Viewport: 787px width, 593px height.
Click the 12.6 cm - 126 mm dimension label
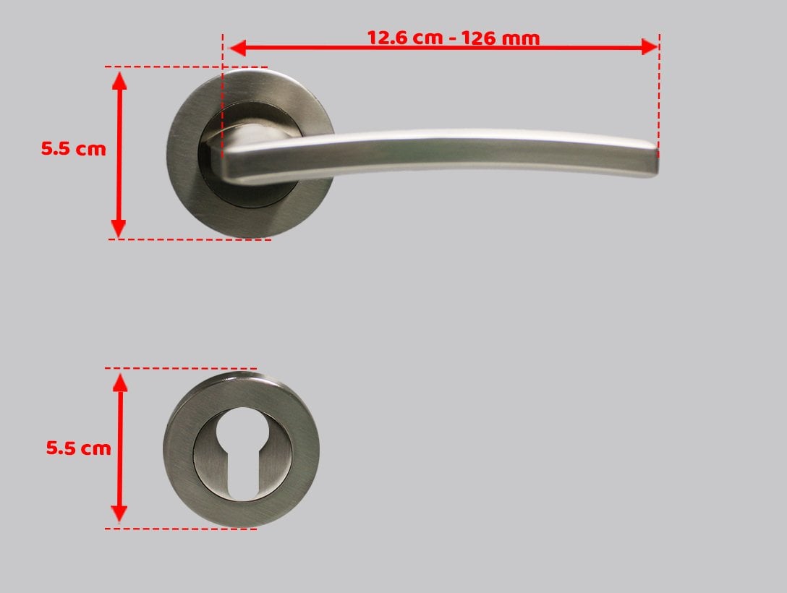[x=454, y=38]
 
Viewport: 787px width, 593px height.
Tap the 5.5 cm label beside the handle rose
[x=73, y=148]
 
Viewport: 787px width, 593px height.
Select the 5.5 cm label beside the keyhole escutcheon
[x=78, y=448]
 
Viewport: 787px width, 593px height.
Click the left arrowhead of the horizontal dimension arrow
[x=237, y=48]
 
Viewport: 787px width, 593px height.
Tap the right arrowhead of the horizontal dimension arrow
[x=650, y=48]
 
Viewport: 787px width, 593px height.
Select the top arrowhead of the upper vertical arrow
[x=119, y=80]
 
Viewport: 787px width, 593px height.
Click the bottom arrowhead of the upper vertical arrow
[x=119, y=229]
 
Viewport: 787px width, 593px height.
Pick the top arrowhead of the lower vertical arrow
[x=120, y=383]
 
